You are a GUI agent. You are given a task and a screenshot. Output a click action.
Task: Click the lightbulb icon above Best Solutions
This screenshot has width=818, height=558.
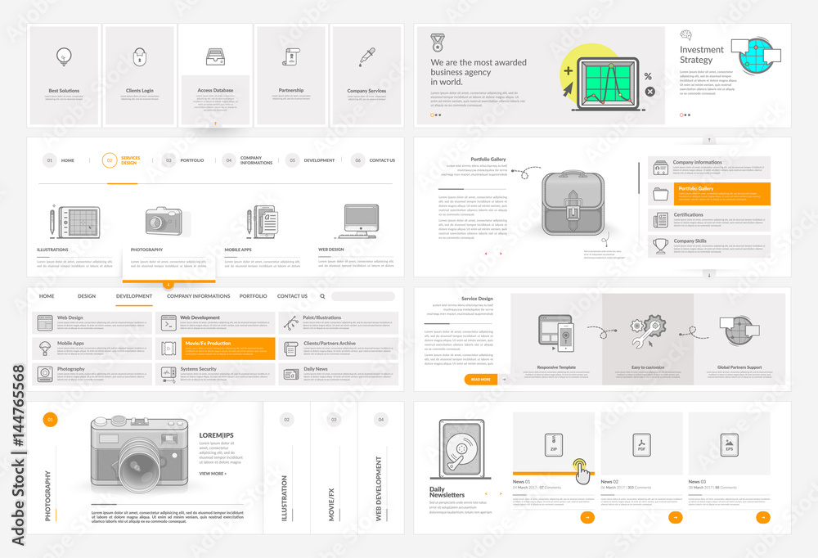coord(64,56)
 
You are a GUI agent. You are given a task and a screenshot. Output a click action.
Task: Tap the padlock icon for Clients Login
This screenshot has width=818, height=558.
coord(139,57)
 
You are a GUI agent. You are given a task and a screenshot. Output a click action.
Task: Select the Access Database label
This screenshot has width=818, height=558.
coord(215,91)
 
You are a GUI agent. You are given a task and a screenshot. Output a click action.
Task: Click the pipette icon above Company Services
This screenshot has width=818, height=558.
coord(366,56)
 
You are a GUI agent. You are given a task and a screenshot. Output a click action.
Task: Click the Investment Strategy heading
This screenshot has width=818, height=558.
coord(702,55)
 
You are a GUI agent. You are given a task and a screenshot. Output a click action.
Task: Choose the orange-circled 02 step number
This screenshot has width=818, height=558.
coord(109,160)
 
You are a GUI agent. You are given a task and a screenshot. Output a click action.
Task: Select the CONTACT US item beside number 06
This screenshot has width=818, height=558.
coord(382,160)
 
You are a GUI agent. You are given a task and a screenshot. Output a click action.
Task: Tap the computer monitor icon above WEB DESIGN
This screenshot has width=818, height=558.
coord(360,221)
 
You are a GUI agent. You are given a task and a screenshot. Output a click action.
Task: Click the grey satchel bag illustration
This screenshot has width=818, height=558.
coord(573,205)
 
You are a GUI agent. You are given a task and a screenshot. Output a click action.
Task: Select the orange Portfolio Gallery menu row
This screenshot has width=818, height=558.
coord(709,194)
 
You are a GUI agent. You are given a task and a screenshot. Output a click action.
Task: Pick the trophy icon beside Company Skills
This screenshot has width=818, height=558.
coord(661,245)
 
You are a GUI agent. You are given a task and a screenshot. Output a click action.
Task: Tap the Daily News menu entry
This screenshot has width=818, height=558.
coord(317,369)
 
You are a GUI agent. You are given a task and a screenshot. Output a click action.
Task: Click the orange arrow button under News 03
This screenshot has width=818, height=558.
coord(762,517)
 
